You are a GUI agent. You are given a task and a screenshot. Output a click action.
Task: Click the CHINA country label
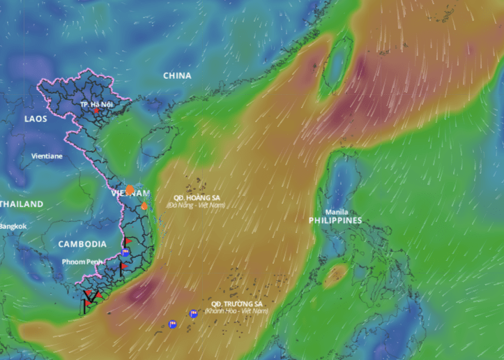[177, 75]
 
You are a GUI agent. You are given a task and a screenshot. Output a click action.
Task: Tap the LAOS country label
[36, 119]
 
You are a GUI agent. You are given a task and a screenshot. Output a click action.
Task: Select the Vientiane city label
[47, 156]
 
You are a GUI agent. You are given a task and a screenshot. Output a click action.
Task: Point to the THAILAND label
[21, 204]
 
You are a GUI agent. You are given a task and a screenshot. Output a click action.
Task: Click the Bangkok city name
[13, 226]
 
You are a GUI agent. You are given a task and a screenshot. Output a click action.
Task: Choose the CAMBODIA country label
[82, 244]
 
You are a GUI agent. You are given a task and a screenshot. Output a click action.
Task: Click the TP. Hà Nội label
[96, 105]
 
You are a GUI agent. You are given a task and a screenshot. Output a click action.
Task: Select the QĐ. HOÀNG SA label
[197, 198]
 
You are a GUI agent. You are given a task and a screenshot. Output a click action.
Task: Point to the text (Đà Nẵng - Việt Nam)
[197, 205]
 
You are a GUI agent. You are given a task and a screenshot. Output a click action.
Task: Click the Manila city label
[337, 212]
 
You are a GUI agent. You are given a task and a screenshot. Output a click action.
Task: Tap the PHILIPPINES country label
[335, 220]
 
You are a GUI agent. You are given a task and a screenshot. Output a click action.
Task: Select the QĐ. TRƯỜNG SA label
[237, 304]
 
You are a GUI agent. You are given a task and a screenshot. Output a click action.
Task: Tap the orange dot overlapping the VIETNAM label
[130, 190]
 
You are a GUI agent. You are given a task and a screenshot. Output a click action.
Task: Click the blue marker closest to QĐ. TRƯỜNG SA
[193, 314]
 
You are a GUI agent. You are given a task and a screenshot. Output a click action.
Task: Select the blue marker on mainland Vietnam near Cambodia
[125, 253]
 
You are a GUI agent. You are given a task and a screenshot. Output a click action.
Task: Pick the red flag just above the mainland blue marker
[127, 241]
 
